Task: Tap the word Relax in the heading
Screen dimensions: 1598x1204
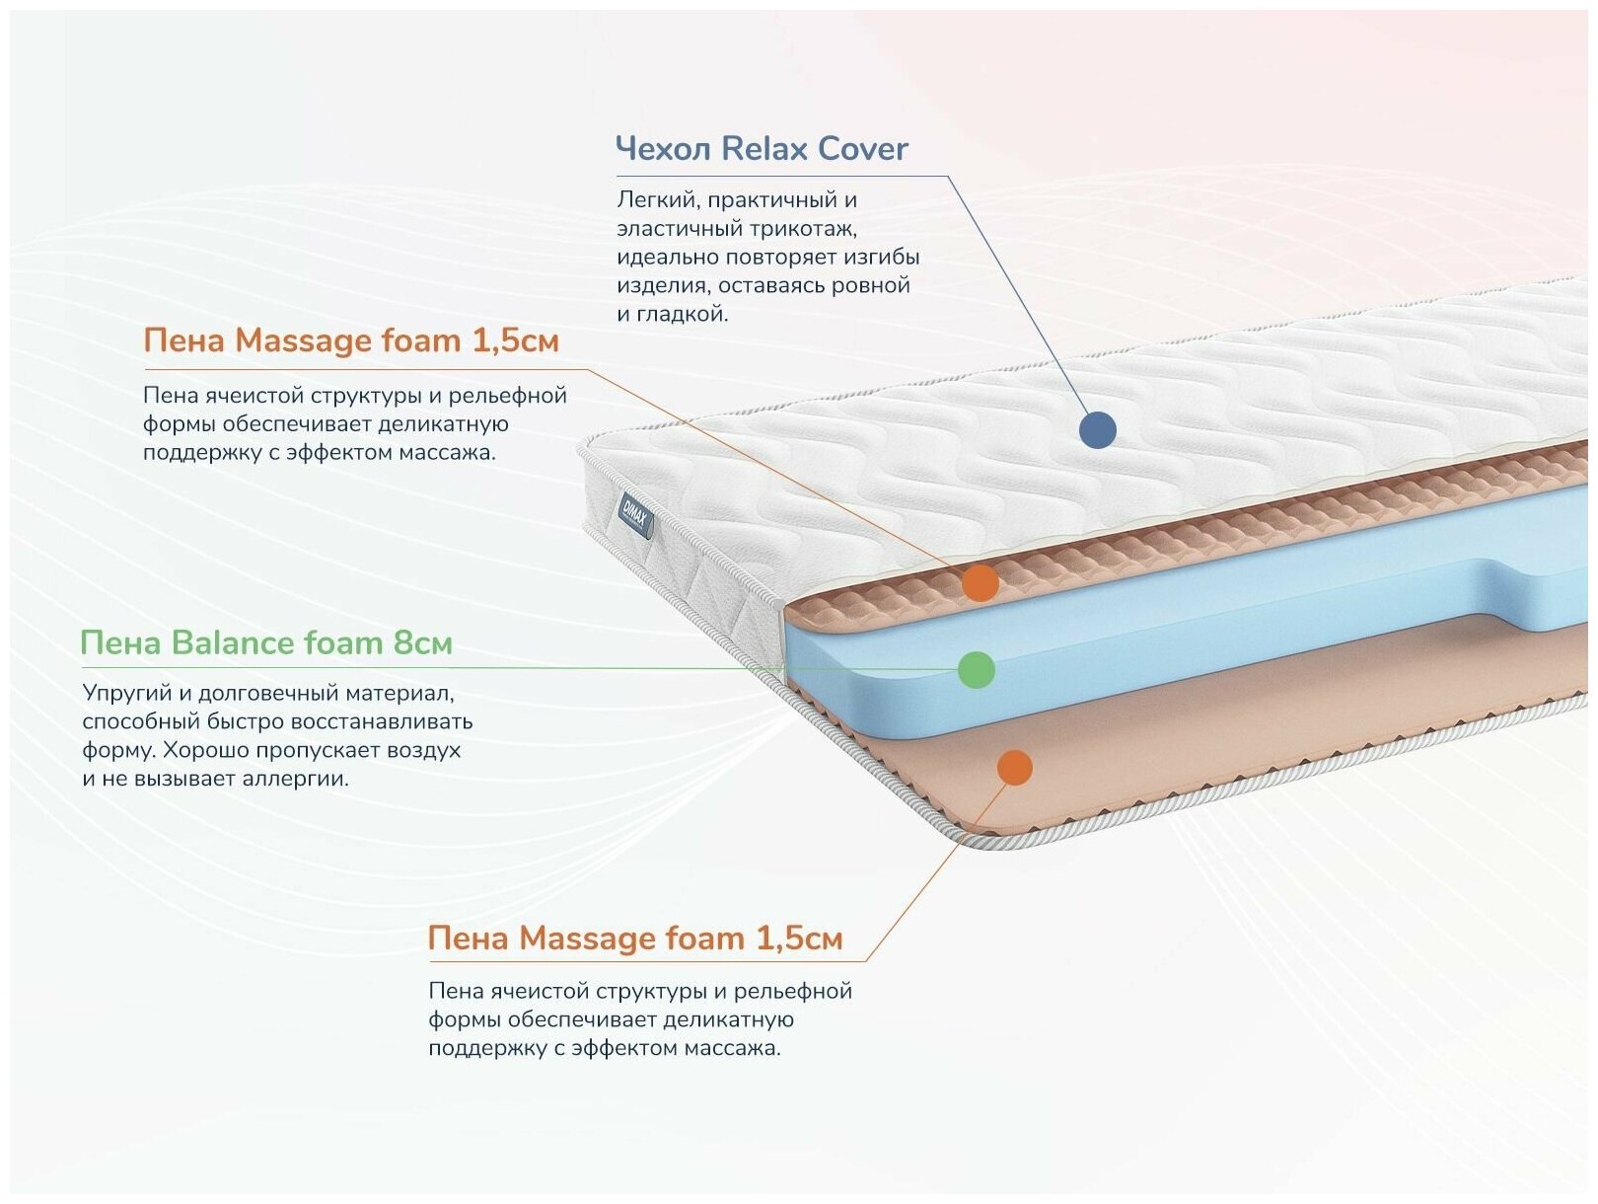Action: pos(764,149)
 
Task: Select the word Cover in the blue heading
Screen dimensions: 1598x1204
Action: pos(862,149)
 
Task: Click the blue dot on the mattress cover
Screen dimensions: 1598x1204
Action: pos(1097,430)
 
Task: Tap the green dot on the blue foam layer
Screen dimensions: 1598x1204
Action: pos(977,670)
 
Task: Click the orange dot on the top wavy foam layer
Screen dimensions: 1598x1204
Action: pos(981,583)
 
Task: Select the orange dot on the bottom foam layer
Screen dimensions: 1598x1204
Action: pos(1014,767)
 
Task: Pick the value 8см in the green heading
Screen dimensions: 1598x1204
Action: pos(422,643)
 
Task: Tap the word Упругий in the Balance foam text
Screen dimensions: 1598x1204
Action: pos(123,694)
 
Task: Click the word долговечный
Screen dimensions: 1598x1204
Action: pos(258,694)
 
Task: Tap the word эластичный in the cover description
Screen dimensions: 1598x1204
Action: pos(679,229)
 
